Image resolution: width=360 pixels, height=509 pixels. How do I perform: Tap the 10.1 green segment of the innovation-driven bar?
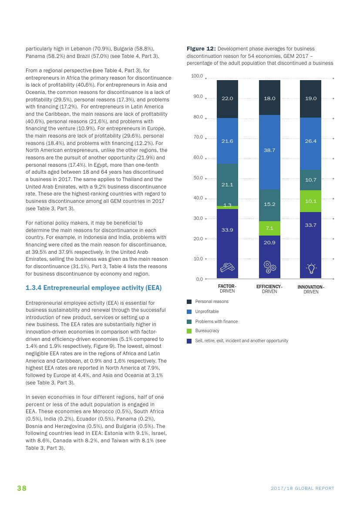pyautogui.click(x=310, y=201)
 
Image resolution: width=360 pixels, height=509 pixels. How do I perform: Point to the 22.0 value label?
pyautogui.click(x=227, y=98)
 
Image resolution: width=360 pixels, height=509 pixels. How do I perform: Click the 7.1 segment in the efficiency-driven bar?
pyautogui.click(x=269, y=228)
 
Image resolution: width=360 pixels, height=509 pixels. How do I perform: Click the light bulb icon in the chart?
pyautogui.click(x=311, y=269)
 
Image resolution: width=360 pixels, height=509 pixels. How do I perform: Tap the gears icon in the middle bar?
pyautogui.click(x=270, y=267)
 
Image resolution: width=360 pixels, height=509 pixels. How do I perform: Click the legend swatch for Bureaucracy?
pyautogui.click(x=189, y=331)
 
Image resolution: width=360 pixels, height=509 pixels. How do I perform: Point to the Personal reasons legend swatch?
pyautogui.click(x=189, y=302)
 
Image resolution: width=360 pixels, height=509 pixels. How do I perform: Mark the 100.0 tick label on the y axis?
pyautogui.click(x=197, y=76)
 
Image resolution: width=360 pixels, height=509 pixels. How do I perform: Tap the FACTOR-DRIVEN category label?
pyautogui.click(x=227, y=289)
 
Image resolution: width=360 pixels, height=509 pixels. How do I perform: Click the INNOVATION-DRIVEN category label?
pyautogui.click(x=311, y=290)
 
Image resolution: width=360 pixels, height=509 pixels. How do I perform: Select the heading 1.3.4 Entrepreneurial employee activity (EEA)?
pyautogui.click(x=94, y=288)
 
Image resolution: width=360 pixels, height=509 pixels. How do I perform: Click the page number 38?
pyautogui.click(x=22, y=488)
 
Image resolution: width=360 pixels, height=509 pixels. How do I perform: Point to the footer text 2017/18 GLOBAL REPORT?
pyautogui.click(x=303, y=489)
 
